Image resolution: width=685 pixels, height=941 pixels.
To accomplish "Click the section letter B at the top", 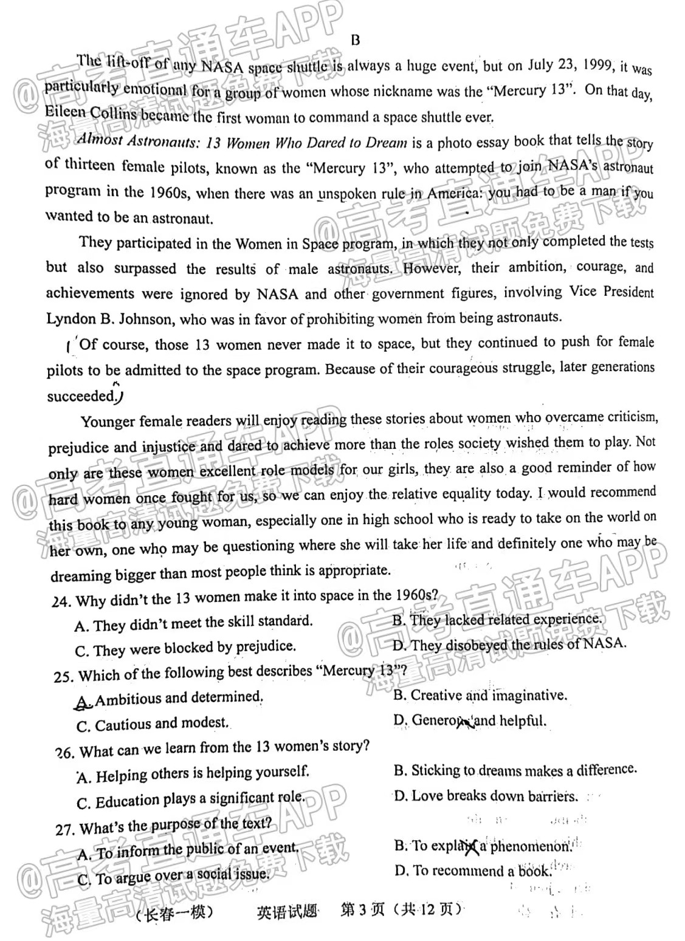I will pyautogui.click(x=356, y=41).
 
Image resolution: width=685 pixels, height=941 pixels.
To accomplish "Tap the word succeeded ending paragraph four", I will pyautogui.click(x=80, y=397).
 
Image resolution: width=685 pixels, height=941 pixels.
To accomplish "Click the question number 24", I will pyautogui.click(x=61, y=602).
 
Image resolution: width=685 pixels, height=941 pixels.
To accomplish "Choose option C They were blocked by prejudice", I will pyautogui.click(x=185, y=649).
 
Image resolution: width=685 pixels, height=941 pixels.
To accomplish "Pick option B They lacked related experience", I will pyautogui.click(x=497, y=620).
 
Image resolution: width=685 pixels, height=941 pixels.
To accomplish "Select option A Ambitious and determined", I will pyautogui.click(x=170, y=699).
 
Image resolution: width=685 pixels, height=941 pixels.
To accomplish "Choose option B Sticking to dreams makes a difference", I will pyautogui.click(x=515, y=770).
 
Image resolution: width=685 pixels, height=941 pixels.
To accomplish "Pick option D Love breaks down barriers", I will pyautogui.click(x=486, y=796).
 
